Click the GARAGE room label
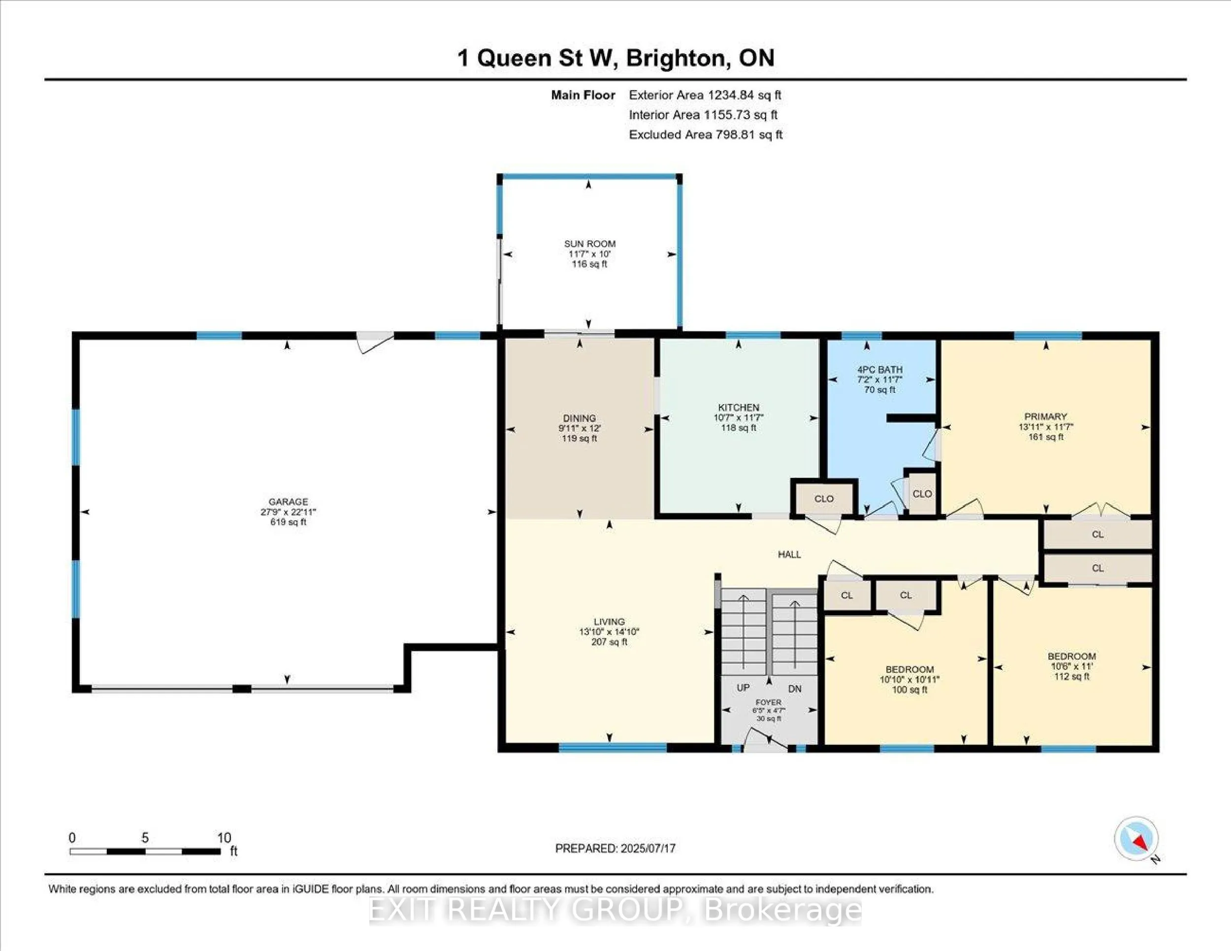click(288, 502)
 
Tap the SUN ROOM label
click(589, 244)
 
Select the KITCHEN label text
click(739, 408)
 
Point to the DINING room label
click(580, 418)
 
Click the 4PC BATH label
click(880, 370)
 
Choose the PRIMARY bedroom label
click(1045, 416)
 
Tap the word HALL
click(789, 554)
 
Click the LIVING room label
click(609, 621)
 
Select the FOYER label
click(768, 702)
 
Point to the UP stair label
click(743, 688)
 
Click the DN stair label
click(795, 689)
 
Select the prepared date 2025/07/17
click(647, 848)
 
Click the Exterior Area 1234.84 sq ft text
click(705, 95)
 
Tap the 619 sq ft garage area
click(288, 522)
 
